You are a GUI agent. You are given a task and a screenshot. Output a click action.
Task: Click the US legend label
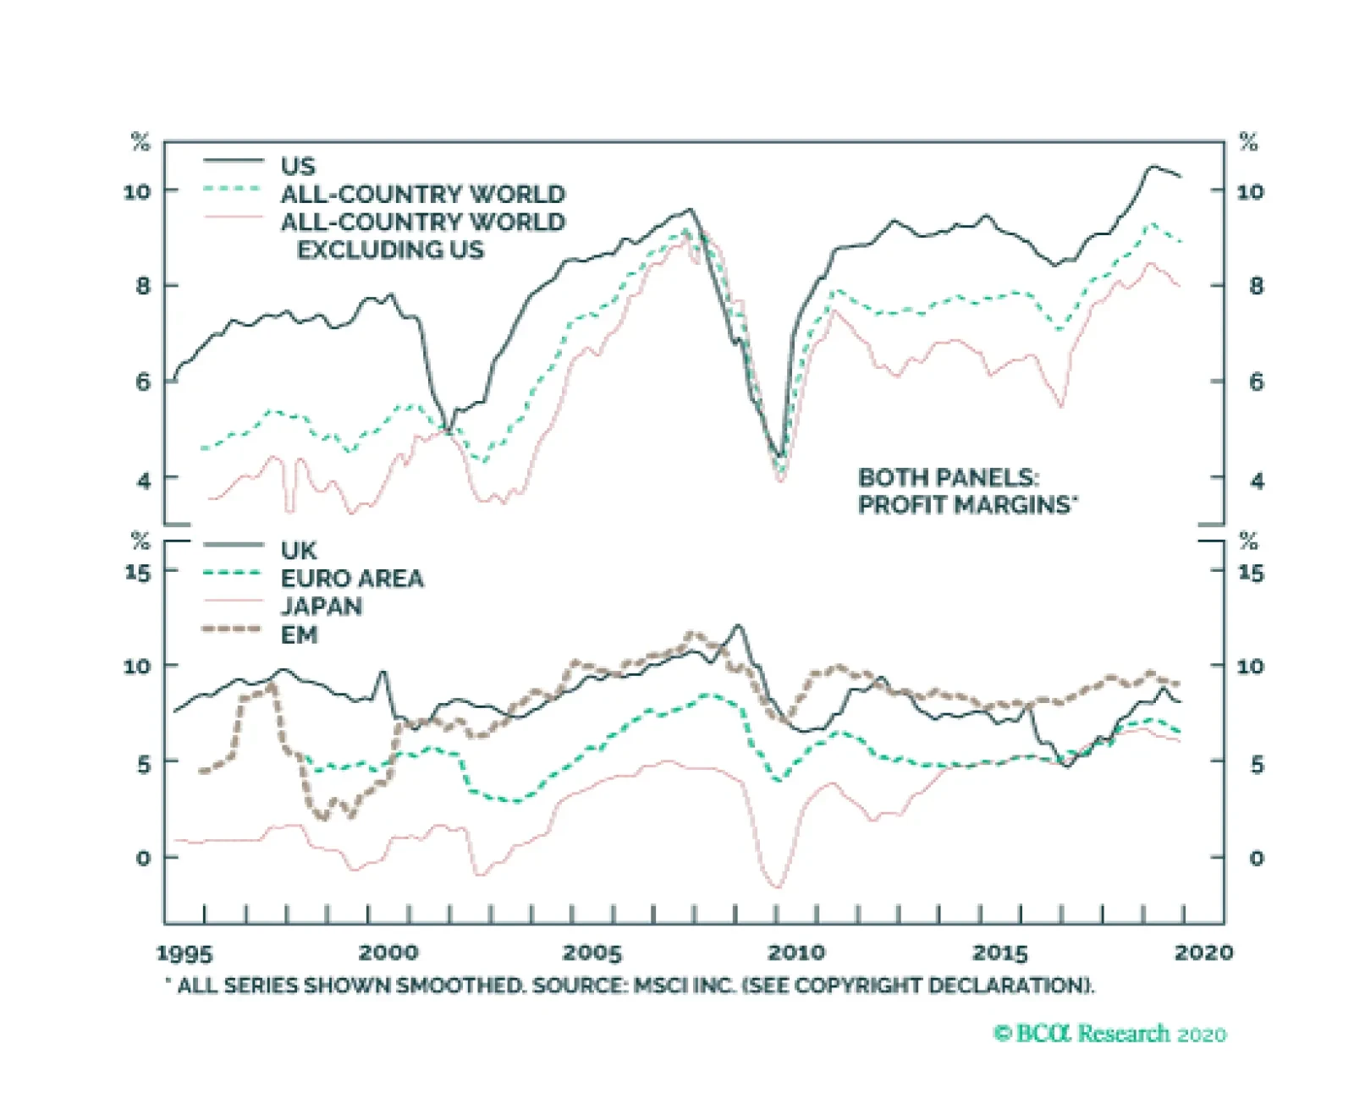pyautogui.click(x=298, y=166)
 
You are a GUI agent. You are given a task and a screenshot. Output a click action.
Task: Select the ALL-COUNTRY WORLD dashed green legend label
pyautogui.click(x=422, y=194)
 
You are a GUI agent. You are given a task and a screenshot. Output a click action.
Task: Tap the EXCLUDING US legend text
pyautogui.click(x=390, y=250)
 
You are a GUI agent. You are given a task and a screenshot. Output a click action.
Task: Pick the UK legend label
pyautogui.click(x=299, y=551)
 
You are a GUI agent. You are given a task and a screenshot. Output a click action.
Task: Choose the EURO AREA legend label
pyautogui.click(x=352, y=579)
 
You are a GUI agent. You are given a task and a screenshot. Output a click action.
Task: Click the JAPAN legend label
pyautogui.click(x=322, y=607)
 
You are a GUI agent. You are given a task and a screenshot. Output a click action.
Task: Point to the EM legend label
pyautogui.click(x=299, y=634)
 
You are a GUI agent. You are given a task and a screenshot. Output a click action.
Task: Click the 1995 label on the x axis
pyautogui.click(x=184, y=953)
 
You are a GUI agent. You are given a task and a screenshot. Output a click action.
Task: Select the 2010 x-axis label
pyautogui.click(x=795, y=953)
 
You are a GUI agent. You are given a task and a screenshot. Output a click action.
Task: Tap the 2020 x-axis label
pyautogui.click(x=1203, y=953)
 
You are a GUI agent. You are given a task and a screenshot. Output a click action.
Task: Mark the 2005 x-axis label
pyautogui.click(x=592, y=953)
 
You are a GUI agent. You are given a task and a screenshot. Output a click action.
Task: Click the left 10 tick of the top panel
pyautogui.click(x=137, y=192)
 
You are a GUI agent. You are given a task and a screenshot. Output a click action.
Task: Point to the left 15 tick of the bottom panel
pyautogui.click(x=137, y=573)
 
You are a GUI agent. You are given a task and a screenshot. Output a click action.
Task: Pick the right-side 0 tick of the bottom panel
pyautogui.click(x=1257, y=859)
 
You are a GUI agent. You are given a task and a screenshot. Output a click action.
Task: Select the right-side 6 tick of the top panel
pyautogui.click(x=1257, y=382)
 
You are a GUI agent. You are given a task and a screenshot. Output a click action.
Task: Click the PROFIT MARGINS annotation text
pyautogui.click(x=966, y=505)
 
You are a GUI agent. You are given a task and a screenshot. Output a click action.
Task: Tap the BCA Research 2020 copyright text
pyautogui.click(x=1109, y=1034)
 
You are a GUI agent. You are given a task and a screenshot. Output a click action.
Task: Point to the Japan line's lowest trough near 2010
pyautogui.click(x=777, y=887)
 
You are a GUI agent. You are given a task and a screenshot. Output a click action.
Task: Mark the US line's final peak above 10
pyautogui.click(x=1152, y=167)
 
